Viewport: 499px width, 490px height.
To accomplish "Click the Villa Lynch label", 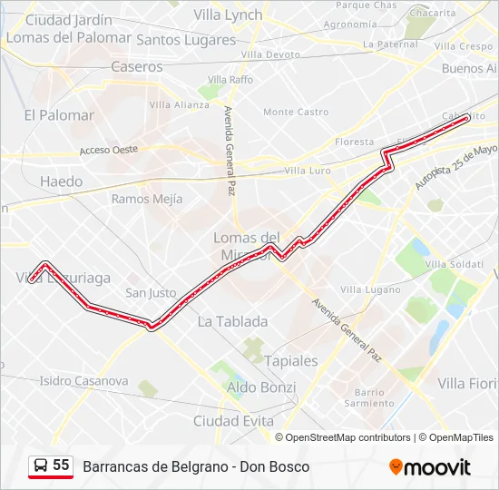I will [x=228, y=15].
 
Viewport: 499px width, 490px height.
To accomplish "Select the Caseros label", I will [x=137, y=66].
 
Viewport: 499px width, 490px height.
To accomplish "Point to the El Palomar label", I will [x=59, y=115].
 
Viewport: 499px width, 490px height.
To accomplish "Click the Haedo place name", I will [x=61, y=181].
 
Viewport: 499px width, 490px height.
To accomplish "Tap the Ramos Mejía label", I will [x=147, y=199].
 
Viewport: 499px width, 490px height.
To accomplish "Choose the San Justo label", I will [x=151, y=293].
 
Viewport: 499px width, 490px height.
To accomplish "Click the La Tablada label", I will [x=232, y=321].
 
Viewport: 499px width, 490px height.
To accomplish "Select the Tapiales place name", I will [x=291, y=360].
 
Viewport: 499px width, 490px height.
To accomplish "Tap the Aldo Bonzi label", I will [x=260, y=387].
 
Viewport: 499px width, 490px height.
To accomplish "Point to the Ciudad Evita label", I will [x=233, y=421].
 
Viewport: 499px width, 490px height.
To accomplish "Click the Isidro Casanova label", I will [x=83, y=381].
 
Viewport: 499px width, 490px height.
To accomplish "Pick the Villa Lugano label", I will [x=369, y=289].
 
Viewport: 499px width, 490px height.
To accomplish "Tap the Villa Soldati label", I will [x=454, y=264].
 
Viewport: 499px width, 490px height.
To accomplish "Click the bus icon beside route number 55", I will [x=41, y=466].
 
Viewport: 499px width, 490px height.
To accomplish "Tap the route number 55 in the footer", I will [x=61, y=465].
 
